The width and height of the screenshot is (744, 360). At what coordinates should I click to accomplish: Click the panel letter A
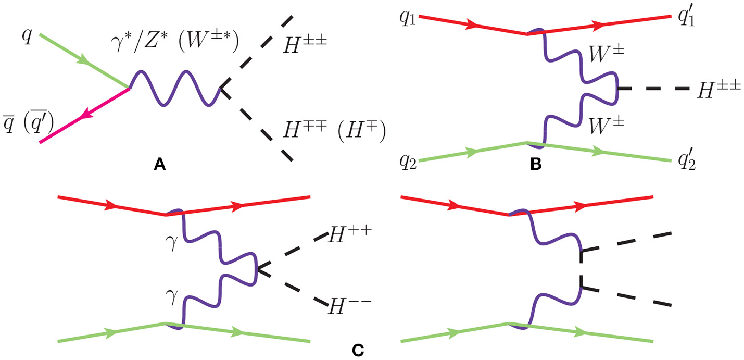(160, 166)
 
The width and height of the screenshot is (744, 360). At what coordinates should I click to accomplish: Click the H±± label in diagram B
(718, 91)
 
